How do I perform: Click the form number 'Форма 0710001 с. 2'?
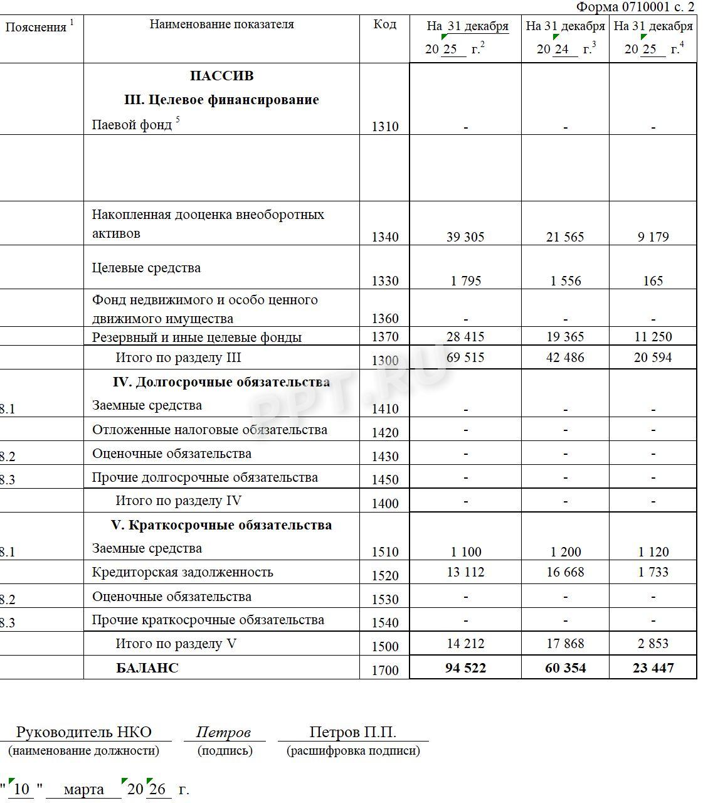click(x=635, y=7)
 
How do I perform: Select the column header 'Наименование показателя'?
click(x=221, y=24)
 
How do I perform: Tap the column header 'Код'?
click(x=384, y=24)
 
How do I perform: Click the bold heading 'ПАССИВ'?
click(x=221, y=76)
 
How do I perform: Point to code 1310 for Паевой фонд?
click(x=384, y=127)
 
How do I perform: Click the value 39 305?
click(x=465, y=237)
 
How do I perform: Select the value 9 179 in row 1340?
click(x=653, y=237)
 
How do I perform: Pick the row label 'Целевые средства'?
click(x=146, y=268)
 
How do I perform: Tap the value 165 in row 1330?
click(x=653, y=281)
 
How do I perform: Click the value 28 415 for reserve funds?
click(x=465, y=337)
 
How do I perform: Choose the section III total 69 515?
click(x=465, y=358)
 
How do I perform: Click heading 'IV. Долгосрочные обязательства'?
click(x=221, y=382)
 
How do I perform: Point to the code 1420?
click(x=384, y=433)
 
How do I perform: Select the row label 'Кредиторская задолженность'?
click(x=182, y=572)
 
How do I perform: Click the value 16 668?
click(x=565, y=572)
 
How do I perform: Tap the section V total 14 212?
click(x=465, y=644)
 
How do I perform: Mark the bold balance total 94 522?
click(x=465, y=668)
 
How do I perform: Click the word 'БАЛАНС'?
click(x=147, y=668)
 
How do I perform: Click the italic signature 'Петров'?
click(x=223, y=732)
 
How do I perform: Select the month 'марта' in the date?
click(x=83, y=789)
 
